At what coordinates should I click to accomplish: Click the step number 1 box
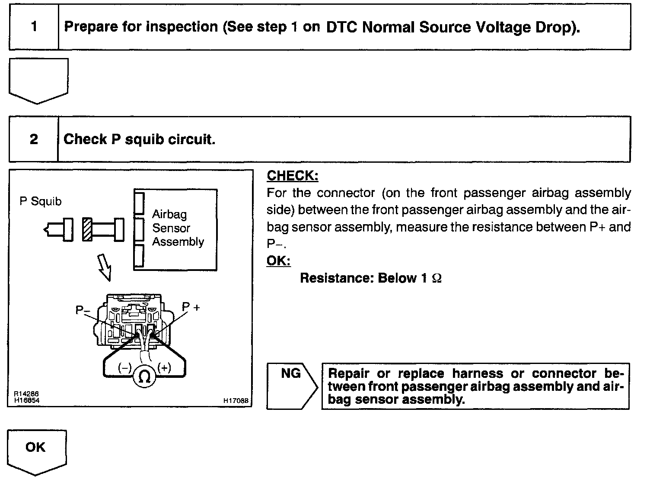point(34,27)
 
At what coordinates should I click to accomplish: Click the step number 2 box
point(34,139)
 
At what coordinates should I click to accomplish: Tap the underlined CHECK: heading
point(293,176)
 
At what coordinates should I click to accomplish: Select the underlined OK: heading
point(278,261)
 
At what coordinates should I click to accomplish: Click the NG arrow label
point(290,374)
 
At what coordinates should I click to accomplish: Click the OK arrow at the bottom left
point(36,448)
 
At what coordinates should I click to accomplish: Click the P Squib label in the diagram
point(41,201)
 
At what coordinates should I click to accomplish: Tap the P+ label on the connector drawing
point(191,307)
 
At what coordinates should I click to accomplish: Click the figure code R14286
point(26,394)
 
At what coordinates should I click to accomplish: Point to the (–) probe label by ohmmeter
point(124,368)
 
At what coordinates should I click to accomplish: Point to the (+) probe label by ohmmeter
point(165,368)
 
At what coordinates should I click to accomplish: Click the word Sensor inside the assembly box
point(171,228)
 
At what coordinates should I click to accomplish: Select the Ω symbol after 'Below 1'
point(437,278)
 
